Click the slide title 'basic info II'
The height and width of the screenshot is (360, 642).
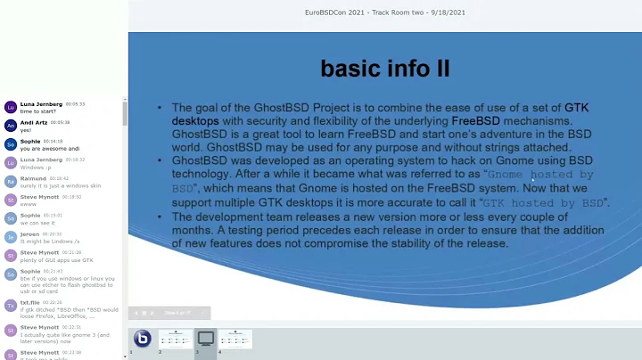pos(385,69)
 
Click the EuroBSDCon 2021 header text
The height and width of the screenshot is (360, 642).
pos(384,12)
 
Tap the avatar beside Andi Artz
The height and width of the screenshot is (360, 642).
pos(11,125)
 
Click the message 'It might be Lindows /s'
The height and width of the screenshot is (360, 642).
pos(44,241)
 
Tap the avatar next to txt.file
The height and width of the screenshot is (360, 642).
pos(11,305)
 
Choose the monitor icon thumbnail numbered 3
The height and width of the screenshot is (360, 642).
pos(205,339)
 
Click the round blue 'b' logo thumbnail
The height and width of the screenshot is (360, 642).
pos(142,339)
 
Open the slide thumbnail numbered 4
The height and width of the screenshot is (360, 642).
pos(235,339)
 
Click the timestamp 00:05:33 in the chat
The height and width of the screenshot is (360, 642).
pos(74,104)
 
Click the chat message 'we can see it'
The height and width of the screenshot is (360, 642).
pos(37,222)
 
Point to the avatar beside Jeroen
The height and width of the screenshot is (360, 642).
pos(11,237)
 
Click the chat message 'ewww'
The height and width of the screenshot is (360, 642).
pos(28,203)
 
